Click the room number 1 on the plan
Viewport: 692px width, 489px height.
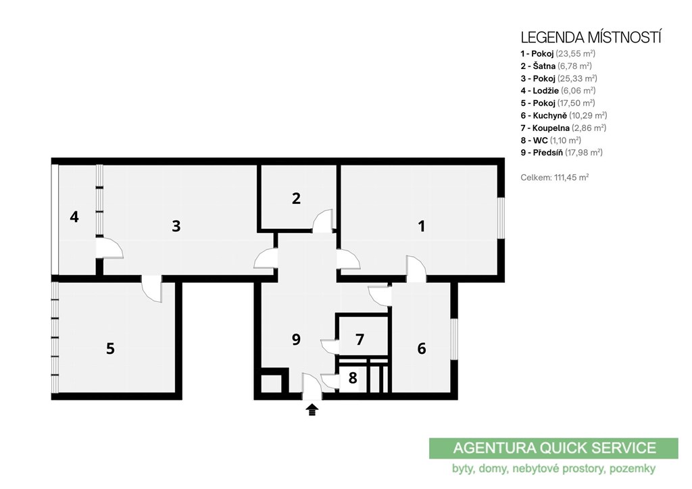(422, 226)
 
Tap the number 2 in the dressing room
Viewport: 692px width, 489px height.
(296, 199)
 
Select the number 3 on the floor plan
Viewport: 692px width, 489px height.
(176, 226)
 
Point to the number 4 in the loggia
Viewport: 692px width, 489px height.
(74, 217)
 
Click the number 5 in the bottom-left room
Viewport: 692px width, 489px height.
(110, 349)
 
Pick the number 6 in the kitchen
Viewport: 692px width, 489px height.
(422, 349)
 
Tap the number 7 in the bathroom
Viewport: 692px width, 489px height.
(360, 340)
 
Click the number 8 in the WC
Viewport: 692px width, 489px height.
(353, 378)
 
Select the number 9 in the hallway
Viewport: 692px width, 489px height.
(296, 339)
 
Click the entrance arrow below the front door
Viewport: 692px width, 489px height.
(312, 409)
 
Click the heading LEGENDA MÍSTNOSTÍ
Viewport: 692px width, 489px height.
(591, 37)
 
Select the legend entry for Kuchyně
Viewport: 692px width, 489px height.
(564, 115)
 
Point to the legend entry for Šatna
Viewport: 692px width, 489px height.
(556, 66)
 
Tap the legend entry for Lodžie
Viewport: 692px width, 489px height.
(558, 91)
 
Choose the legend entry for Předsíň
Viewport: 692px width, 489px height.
(562, 153)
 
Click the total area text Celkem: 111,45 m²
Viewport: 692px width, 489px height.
(555, 178)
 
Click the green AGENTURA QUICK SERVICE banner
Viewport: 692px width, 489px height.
(553, 448)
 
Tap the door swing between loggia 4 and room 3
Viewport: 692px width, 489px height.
(110, 247)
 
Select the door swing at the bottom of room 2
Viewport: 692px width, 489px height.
(322, 220)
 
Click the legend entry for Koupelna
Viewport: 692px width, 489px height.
(563, 128)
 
